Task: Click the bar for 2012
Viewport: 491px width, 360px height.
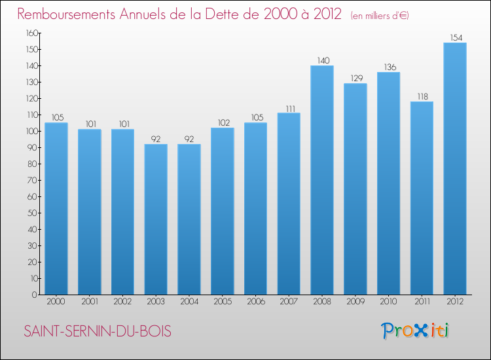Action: [455, 169]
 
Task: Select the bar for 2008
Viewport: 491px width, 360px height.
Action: [322, 180]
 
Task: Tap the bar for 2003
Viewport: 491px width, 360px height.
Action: [156, 219]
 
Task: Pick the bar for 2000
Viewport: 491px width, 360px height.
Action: [56, 209]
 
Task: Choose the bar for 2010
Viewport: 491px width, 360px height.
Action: [388, 183]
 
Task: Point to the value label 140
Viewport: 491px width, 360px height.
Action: [322, 61]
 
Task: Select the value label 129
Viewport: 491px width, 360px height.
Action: [355, 79]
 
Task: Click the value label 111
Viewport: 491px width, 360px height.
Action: [289, 108]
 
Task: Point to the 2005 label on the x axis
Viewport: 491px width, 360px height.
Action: [223, 302]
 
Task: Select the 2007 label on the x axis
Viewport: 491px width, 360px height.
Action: [289, 302]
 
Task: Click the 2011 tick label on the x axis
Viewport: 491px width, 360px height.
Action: [422, 302]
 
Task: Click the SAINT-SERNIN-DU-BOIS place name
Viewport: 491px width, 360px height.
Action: [98, 332]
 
